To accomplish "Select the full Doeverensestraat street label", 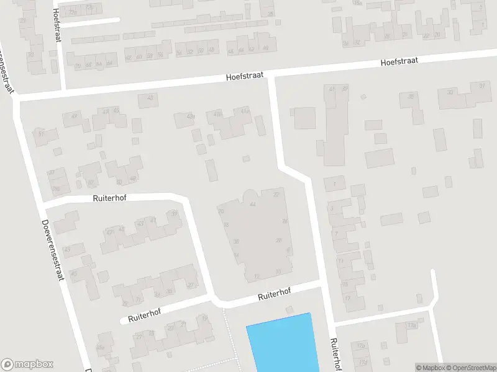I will coord(53,250).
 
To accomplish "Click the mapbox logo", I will coord(25,365).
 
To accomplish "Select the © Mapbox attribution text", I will coord(431,368).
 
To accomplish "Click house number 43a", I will coord(191,116).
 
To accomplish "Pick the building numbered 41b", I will coord(217,114).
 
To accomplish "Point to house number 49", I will coord(75,116).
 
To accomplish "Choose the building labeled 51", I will coord(42,133).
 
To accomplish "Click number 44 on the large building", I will coord(252,204).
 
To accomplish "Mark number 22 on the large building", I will coord(276,195).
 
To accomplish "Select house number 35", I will coord(411,96).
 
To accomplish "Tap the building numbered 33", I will coord(450,92).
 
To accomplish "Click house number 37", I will coord(481,86).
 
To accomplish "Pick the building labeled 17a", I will coord(411,325).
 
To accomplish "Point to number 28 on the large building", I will coord(279,240).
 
